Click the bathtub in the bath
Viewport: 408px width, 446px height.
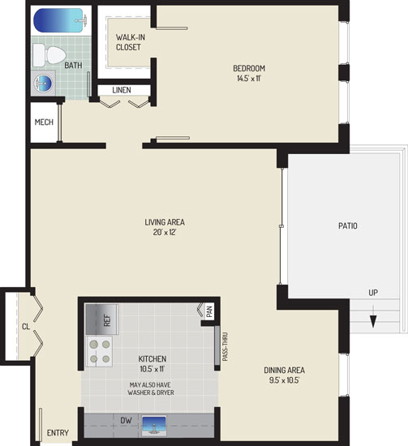(x=59, y=20)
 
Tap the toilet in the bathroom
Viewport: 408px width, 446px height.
(x=49, y=55)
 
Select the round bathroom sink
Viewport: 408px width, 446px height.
(x=43, y=84)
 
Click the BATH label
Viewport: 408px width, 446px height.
(x=73, y=66)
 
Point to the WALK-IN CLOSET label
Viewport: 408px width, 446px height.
(x=131, y=42)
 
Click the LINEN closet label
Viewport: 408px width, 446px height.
(x=122, y=90)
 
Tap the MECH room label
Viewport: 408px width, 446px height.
(x=44, y=122)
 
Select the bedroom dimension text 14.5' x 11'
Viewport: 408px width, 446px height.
(x=249, y=78)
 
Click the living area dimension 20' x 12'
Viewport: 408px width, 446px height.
(x=165, y=232)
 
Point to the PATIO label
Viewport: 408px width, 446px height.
(x=348, y=226)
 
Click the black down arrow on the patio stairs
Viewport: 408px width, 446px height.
(x=373, y=316)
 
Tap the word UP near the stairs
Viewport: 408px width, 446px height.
(x=373, y=293)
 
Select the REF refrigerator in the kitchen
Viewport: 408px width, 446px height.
(x=101, y=319)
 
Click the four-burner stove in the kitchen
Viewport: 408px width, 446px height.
(x=100, y=351)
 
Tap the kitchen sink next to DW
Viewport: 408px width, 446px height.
(x=154, y=426)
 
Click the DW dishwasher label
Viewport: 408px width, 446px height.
(x=126, y=420)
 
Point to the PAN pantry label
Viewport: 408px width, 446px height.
(x=209, y=311)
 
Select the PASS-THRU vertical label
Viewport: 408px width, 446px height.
(x=225, y=346)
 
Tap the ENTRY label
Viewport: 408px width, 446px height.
(x=58, y=433)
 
